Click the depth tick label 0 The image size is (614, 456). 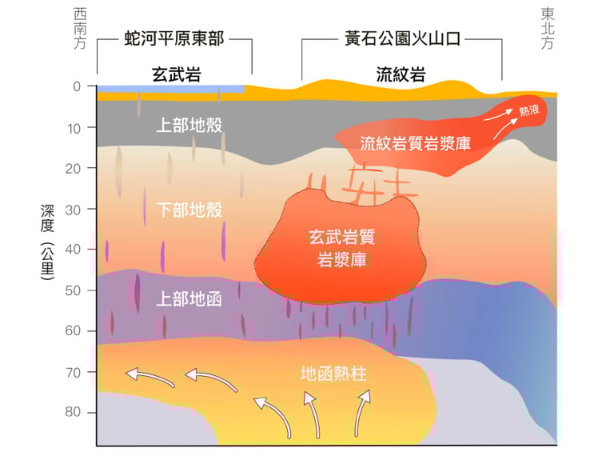tap(77, 86)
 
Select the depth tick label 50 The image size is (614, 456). tap(73, 290)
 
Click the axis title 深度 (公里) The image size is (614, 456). tap(47, 242)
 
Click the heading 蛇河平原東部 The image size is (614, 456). tap(174, 38)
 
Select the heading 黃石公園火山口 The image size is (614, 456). tap(403, 38)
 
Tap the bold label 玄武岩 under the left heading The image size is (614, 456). tap(177, 74)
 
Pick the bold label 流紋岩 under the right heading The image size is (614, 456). tap(401, 74)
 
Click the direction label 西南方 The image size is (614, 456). tap(80, 29)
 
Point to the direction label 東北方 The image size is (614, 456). tap(548, 29)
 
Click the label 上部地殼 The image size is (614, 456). tap(189, 125)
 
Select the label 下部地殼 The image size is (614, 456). tap(189, 210)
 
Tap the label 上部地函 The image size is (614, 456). tap(189, 299)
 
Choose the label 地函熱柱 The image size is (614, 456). tap(333, 374)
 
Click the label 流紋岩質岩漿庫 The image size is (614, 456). tap(415, 143)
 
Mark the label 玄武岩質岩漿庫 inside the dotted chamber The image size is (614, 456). tap(342, 248)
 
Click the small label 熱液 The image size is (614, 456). tap(529, 111)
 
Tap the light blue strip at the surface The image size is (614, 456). tap(171, 89)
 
